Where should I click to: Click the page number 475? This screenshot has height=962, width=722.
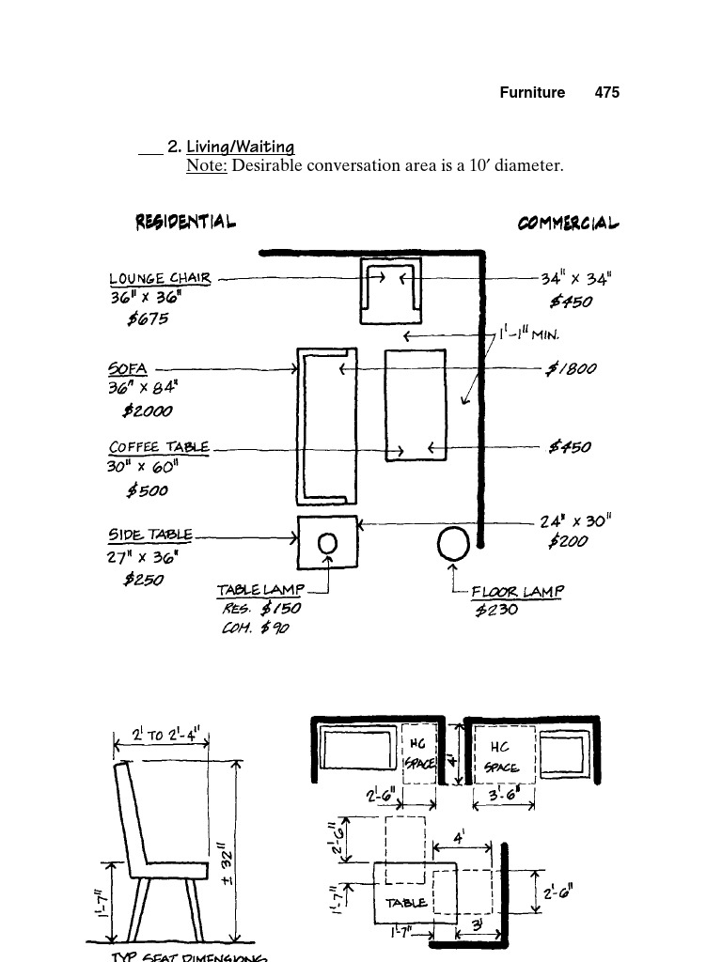(607, 92)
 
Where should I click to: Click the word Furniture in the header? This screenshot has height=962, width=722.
(532, 92)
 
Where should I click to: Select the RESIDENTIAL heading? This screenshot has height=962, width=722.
(185, 223)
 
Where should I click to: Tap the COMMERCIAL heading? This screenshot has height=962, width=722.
(569, 224)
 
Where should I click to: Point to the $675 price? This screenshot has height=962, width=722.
(149, 318)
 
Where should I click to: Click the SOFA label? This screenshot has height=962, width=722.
(128, 368)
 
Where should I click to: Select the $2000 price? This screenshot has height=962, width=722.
(148, 411)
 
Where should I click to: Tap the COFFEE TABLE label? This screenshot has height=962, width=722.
(159, 447)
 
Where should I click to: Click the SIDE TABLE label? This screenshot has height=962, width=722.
(151, 535)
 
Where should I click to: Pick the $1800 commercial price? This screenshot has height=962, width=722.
(572, 368)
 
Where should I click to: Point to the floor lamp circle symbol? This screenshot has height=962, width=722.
(454, 544)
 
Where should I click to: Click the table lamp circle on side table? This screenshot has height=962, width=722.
(328, 543)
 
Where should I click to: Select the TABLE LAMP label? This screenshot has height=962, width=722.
(260, 590)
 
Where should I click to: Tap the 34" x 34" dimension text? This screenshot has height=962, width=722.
(576, 278)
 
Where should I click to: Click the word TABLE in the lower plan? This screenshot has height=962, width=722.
(406, 903)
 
